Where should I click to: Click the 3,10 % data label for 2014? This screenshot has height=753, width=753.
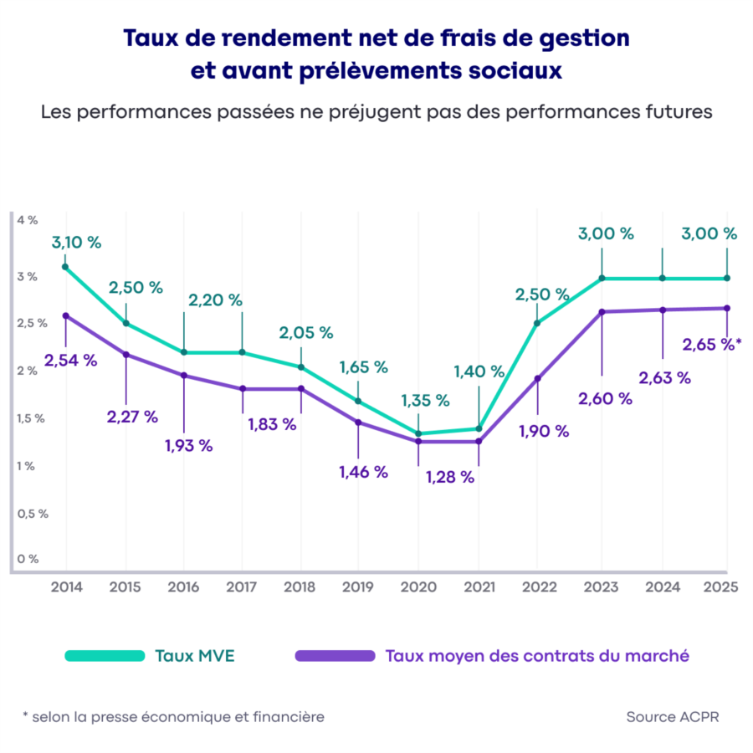pyautogui.click(x=76, y=243)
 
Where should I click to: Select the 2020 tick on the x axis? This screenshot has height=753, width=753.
pyautogui.click(x=418, y=587)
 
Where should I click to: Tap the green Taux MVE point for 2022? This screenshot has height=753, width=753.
pyautogui.click(x=536, y=323)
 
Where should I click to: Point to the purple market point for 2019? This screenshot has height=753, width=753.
pyautogui.click(x=359, y=422)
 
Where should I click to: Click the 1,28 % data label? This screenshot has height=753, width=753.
pyautogui.click(x=449, y=478)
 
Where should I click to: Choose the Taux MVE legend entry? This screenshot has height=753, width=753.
pyautogui.click(x=194, y=655)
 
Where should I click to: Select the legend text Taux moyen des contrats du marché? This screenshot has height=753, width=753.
pyautogui.click(x=537, y=655)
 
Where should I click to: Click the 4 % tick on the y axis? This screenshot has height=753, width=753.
pyautogui.click(x=27, y=220)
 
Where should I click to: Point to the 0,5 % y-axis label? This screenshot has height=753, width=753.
pyautogui.click(x=31, y=514)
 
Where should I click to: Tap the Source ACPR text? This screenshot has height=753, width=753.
pyautogui.click(x=672, y=717)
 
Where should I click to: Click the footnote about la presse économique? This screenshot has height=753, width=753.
pyautogui.click(x=173, y=717)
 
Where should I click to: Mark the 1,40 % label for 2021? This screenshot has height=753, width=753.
pyautogui.click(x=479, y=371)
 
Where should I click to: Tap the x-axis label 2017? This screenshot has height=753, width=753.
pyautogui.click(x=242, y=587)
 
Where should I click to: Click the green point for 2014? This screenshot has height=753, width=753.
pyautogui.click(x=65, y=267)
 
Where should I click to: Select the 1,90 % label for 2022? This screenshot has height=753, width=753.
pyautogui.click(x=543, y=431)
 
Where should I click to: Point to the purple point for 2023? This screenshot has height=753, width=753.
pyautogui.click(x=602, y=312)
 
